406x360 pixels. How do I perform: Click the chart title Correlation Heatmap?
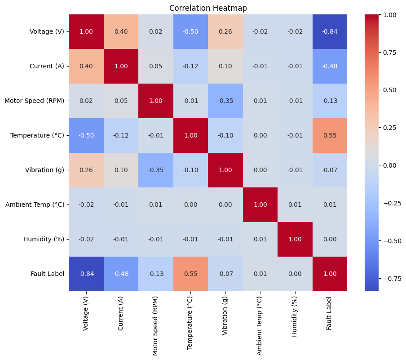[x=208, y=8]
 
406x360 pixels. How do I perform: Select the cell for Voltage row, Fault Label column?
[x=330, y=31]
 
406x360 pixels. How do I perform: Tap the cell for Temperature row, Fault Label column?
[x=330, y=135]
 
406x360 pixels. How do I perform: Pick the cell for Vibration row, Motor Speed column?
[x=156, y=170]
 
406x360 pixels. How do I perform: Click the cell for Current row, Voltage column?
[x=86, y=66]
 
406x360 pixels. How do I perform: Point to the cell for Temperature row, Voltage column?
[x=86, y=135]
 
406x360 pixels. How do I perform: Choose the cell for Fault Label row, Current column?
[x=121, y=274]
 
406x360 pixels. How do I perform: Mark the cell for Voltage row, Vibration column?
[x=225, y=31]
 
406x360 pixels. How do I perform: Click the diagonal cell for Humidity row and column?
[x=295, y=239]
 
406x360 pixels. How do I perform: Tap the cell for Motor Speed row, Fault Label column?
[x=330, y=101]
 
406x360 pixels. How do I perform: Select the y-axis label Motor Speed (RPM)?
[x=34, y=101]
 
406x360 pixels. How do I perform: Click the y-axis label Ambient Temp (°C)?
[x=35, y=204]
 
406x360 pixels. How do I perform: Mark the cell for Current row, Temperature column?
[x=190, y=66]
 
